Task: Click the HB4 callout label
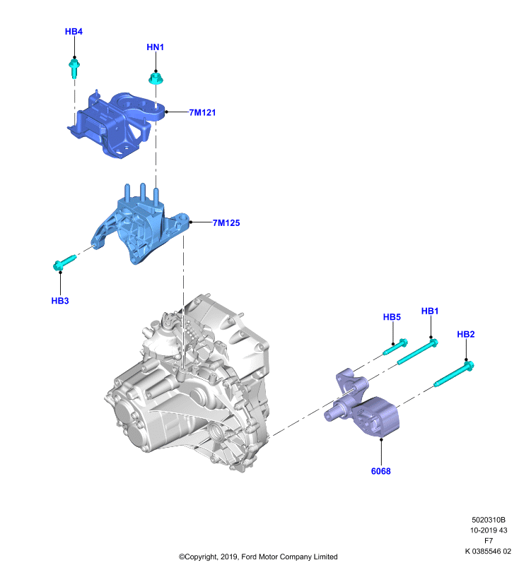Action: click(x=74, y=31)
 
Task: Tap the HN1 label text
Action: click(x=155, y=47)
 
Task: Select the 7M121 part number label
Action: click(x=202, y=112)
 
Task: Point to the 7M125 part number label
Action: click(x=226, y=222)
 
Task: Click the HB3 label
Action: click(x=60, y=301)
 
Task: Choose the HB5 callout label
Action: click(x=392, y=316)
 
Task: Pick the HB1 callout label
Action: click(x=430, y=311)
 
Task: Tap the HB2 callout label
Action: click(x=466, y=334)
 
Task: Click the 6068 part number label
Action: click(x=381, y=471)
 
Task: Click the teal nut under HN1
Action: click(x=156, y=78)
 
